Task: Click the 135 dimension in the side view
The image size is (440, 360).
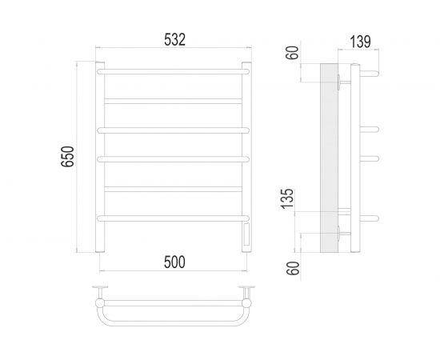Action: coord(293,197)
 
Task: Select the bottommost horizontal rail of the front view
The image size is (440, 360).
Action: coord(173,217)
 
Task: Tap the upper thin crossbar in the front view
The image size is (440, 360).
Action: coord(173,100)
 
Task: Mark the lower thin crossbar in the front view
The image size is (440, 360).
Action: coord(173,189)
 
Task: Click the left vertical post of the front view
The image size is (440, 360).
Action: coord(101,160)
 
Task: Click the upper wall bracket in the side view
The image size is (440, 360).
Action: coord(344,79)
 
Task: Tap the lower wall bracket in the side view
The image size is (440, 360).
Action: coord(344,233)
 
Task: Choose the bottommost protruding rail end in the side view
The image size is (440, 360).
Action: coord(370,216)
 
